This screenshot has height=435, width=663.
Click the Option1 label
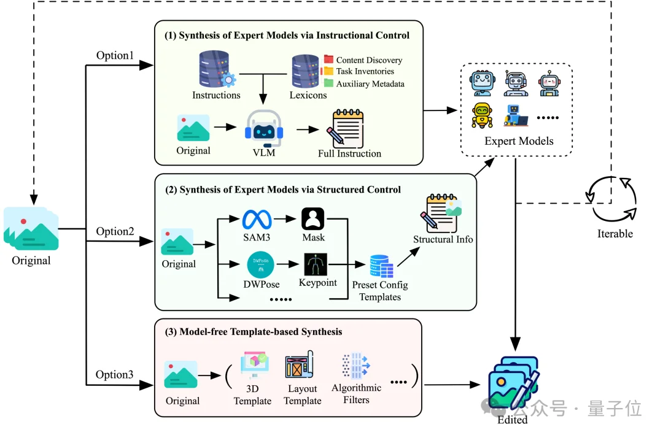[x=115, y=55]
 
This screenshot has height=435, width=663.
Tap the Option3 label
[x=115, y=374]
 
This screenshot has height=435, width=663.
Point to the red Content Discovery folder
[x=328, y=60]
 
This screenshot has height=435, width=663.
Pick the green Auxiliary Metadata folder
[x=328, y=83]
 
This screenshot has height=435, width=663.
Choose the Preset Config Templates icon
[x=381, y=266]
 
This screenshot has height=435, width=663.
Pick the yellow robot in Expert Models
[x=483, y=114]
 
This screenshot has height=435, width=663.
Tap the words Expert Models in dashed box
[x=519, y=141]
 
